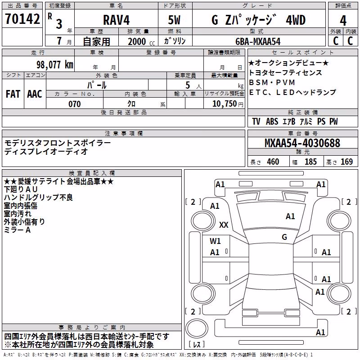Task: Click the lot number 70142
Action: click(22, 18)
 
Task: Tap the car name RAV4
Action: click(117, 20)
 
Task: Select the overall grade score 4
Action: click(343, 20)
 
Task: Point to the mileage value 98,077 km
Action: click(55, 65)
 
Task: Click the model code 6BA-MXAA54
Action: click(258, 41)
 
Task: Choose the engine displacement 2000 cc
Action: click(141, 41)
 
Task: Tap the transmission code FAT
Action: click(13, 94)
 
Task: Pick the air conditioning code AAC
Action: click(35, 94)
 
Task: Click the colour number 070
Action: click(75, 104)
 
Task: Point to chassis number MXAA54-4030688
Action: click(302, 143)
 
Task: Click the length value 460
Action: click(273, 162)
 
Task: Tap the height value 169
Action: click(346, 162)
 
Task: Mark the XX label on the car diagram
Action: click(224, 225)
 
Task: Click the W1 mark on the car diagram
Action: click(215, 241)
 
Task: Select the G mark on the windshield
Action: click(284, 237)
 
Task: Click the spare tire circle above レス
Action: click(197, 328)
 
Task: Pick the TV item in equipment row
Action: click(256, 121)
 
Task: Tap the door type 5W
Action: click(174, 20)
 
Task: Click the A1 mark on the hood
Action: click(290, 216)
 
